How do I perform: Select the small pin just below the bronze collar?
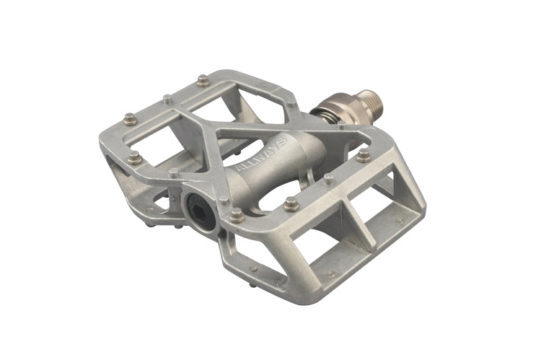[x=340, y=128]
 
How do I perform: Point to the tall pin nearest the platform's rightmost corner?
[x=363, y=155]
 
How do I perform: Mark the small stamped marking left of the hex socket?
[x=175, y=196]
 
